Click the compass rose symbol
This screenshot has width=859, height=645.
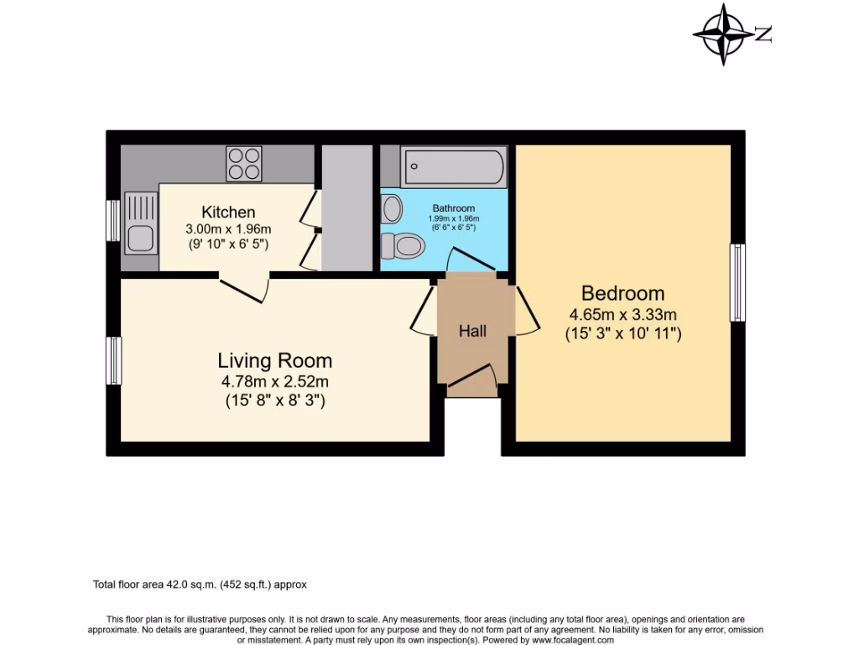tap(725, 34)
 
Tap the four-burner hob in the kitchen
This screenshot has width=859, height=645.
tap(244, 163)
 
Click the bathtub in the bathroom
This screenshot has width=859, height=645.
tap(453, 167)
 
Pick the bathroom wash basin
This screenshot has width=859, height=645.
tap(391, 207)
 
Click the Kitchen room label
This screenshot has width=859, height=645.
tap(228, 212)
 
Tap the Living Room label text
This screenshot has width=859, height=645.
tap(275, 361)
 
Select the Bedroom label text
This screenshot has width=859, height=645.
tap(623, 293)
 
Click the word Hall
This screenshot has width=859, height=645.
tap(472, 332)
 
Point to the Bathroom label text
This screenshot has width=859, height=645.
tap(454, 208)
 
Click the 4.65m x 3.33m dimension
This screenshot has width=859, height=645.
tap(623, 315)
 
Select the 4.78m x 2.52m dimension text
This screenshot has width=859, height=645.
tap(275, 383)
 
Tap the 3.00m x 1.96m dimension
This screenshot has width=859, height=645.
tap(228, 228)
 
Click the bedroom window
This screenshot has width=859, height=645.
tap(737, 282)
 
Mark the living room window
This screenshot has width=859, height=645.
tap(113, 360)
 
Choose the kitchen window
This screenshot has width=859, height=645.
tap(113, 221)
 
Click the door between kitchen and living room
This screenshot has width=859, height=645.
tap(245, 286)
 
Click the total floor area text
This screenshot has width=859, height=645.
tap(205, 584)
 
